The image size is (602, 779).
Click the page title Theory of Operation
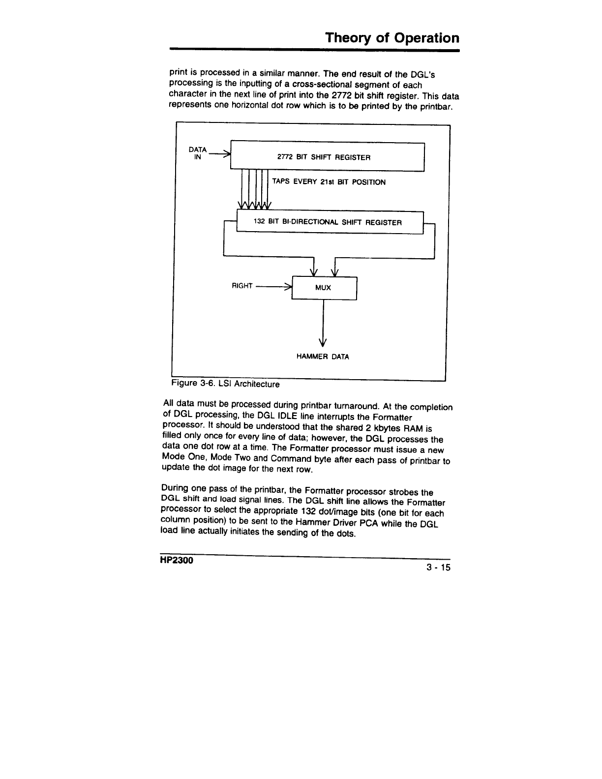pyautogui.click(x=392, y=38)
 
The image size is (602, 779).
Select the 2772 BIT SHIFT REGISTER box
pyautogui.click(x=328, y=157)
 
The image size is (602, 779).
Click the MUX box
pyautogui.click(x=324, y=288)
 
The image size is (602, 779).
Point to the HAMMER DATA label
pyautogui.click(x=323, y=357)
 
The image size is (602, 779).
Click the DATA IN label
pyautogui.click(x=198, y=153)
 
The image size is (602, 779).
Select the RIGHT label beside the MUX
pyautogui.click(x=242, y=286)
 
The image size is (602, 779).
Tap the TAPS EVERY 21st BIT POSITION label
pyautogui.click(x=329, y=182)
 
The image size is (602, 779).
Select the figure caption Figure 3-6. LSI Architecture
pyautogui.click(x=225, y=384)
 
